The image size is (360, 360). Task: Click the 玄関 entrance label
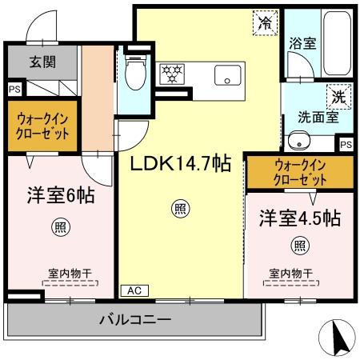point(42,62)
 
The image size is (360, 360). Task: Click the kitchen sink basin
point(231,78)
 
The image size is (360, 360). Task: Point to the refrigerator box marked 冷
point(263,22)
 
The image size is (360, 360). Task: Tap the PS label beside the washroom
point(345,145)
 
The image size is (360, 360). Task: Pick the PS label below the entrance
point(14,90)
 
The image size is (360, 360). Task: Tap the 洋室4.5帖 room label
point(299,217)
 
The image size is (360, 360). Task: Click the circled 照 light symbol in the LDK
point(182,210)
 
